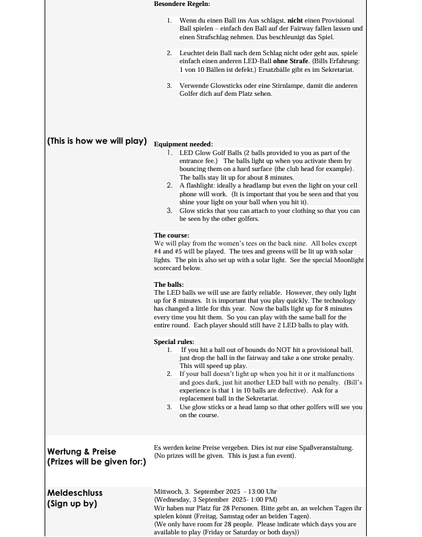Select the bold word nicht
coord(295,21)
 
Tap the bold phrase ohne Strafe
coord(290,61)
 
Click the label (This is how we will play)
coord(97,141)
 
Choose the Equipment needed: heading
coord(183,144)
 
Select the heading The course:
coord(171,236)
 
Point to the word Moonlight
coord(347,260)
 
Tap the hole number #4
coord(158,252)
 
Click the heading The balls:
coord(168,285)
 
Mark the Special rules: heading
coord(174,342)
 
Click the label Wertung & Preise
coord(81,452)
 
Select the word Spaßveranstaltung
coord(322,448)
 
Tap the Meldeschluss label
coord(75,493)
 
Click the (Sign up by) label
coord(72,504)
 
